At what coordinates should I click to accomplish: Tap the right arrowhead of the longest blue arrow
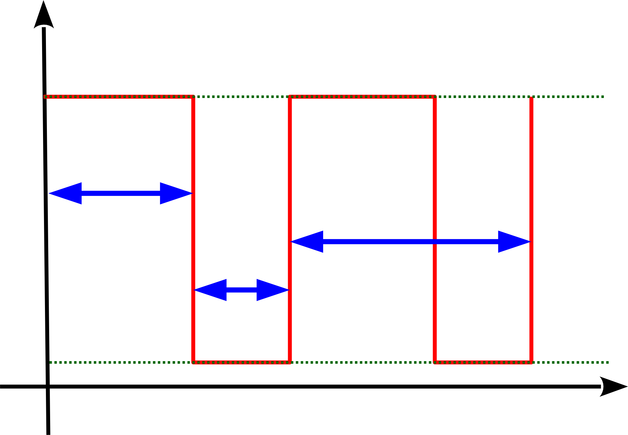click(514, 242)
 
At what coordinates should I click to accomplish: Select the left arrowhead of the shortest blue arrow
click(210, 290)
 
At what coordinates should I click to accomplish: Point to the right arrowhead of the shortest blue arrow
click(272, 290)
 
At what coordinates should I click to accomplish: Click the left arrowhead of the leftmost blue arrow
click(66, 193)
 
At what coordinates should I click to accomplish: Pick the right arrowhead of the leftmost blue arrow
click(176, 193)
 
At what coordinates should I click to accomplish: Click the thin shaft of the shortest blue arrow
click(241, 290)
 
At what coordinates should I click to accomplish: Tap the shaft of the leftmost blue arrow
click(121, 193)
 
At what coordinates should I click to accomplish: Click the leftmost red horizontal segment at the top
click(119, 97)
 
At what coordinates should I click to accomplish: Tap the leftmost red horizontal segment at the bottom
click(241, 363)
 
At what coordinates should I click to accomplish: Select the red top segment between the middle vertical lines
click(362, 97)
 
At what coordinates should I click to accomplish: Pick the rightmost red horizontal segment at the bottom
click(483, 363)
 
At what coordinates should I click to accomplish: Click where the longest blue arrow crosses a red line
click(435, 242)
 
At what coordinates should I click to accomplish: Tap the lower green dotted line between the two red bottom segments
click(362, 362)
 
